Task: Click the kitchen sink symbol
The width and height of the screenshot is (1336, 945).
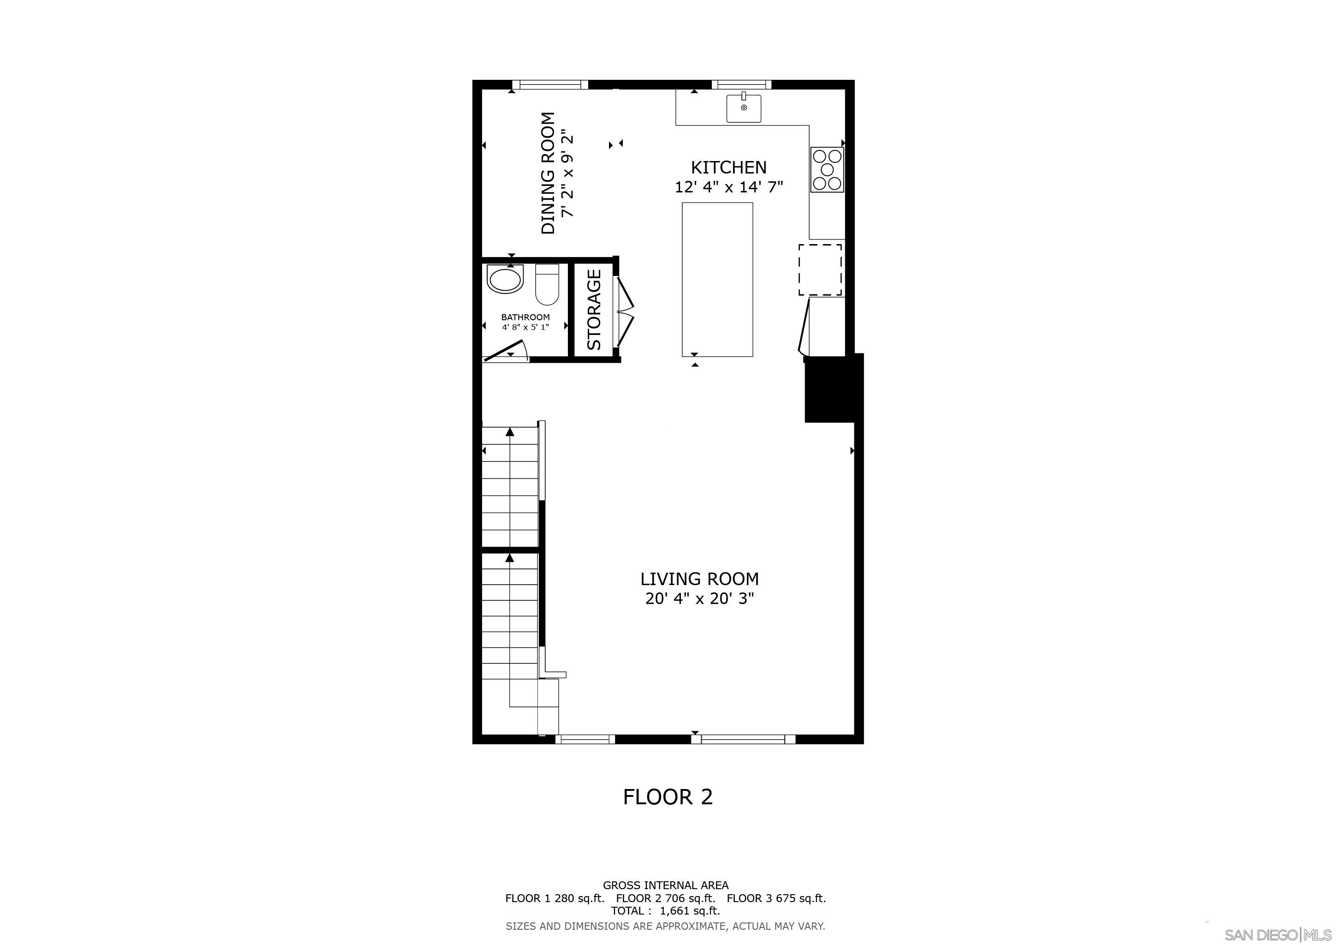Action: tap(743, 108)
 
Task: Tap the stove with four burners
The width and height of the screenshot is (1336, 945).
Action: tap(827, 170)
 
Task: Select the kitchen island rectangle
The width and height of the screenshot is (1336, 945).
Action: tap(717, 279)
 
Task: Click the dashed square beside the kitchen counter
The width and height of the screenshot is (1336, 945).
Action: tap(819, 270)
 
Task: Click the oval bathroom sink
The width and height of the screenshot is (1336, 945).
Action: tap(505, 279)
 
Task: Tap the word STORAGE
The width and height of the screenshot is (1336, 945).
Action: tap(594, 310)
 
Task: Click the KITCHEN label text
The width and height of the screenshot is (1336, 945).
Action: tap(728, 167)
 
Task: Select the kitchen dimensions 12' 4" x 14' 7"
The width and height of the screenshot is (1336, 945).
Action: tap(728, 187)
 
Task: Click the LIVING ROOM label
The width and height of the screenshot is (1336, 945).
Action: tap(699, 579)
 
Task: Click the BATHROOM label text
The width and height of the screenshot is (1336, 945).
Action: tap(525, 317)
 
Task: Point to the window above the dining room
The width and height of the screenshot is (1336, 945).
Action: tap(550, 85)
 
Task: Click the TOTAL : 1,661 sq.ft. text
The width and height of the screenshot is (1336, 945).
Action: tap(665, 911)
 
